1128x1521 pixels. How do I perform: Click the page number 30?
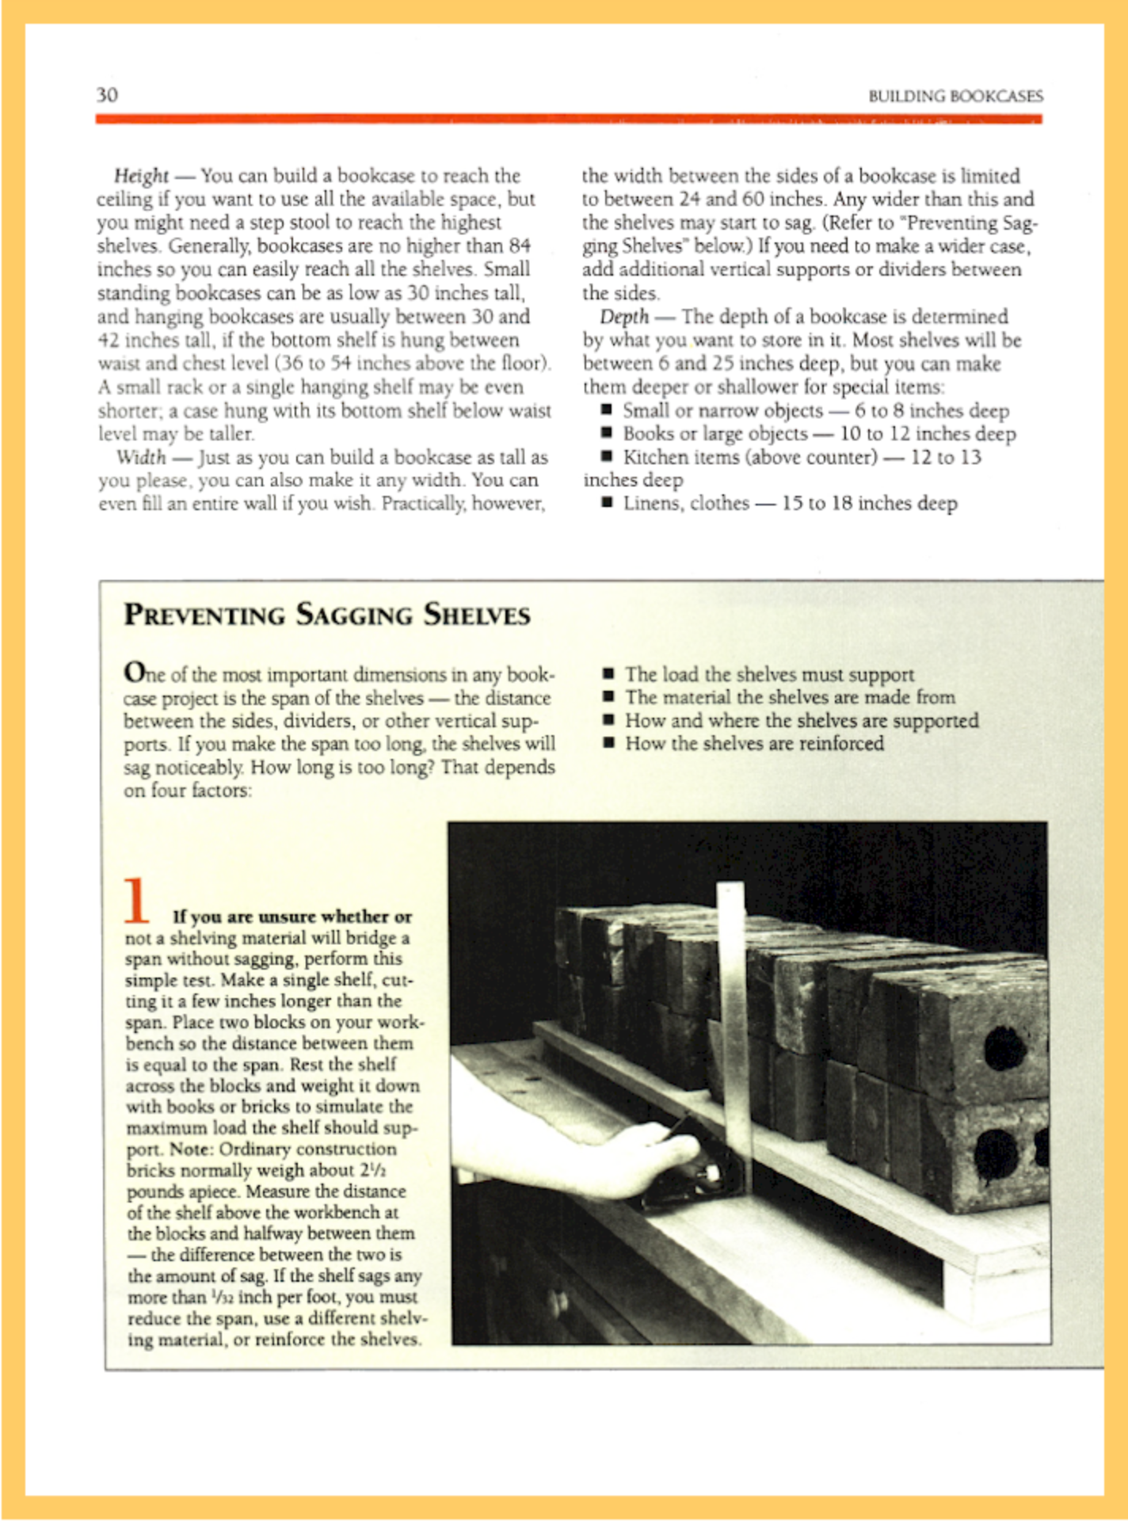tap(107, 95)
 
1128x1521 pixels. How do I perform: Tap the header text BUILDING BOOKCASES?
tap(955, 97)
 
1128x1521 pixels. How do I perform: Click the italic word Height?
tap(141, 175)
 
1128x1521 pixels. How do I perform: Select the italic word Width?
tap(141, 458)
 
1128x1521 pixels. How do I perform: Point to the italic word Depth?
tap(624, 317)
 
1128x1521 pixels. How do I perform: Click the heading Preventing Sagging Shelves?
tap(326, 615)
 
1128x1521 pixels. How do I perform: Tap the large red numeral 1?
tap(137, 901)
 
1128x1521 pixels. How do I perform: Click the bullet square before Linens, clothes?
tap(607, 502)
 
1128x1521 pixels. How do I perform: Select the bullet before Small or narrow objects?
tap(607, 410)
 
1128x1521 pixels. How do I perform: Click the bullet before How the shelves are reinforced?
tap(608, 743)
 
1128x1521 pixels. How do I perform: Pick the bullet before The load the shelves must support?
tap(608, 674)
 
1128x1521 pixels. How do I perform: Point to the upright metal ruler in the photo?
tap(733, 1030)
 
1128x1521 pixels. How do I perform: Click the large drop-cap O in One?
tap(135, 673)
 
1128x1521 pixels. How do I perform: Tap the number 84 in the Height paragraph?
tap(519, 246)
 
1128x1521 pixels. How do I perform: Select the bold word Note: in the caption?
tap(191, 1149)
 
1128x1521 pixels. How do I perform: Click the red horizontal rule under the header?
tap(568, 120)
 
